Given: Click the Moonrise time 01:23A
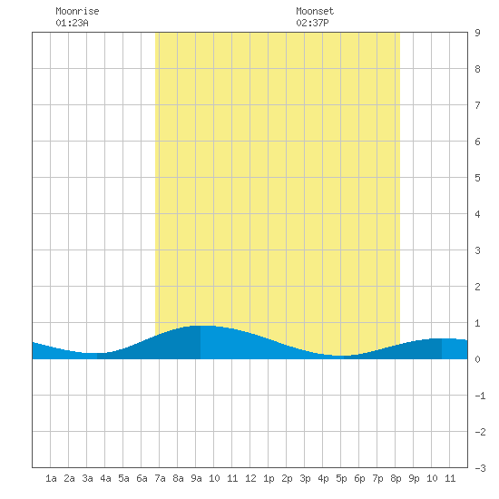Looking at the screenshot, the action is [x=72, y=23].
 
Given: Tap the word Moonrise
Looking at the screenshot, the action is [x=77, y=11].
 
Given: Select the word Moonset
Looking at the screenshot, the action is [x=315, y=11].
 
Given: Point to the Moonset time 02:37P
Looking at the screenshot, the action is [x=312, y=23].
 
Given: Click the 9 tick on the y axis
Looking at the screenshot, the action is [x=477, y=33].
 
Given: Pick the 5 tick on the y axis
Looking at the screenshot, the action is [x=477, y=178].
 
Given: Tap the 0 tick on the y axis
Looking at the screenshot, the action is [x=477, y=359].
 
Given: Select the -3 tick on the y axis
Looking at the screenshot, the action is [x=481, y=468].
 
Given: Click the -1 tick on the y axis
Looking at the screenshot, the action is [x=481, y=396].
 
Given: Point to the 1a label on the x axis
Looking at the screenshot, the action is [x=51, y=478].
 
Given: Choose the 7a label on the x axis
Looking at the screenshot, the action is [x=160, y=478].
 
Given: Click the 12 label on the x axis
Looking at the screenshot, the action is [x=250, y=478].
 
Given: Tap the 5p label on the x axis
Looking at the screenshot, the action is [x=341, y=478].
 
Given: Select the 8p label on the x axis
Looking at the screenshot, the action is [x=396, y=478].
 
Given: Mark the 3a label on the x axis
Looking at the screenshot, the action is [x=87, y=478].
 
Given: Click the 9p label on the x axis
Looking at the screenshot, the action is [x=414, y=478].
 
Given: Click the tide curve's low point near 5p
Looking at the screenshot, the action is [x=340, y=356].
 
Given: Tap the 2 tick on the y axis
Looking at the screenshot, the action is [x=477, y=287].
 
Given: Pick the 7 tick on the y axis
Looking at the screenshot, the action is [x=477, y=105].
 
